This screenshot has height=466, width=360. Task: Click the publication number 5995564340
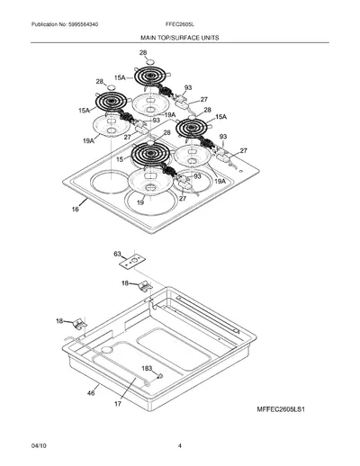(x=83, y=24)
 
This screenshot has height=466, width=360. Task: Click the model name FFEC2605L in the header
(x=180, y=24)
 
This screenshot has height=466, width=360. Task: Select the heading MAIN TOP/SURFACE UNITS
(x=180, y=38)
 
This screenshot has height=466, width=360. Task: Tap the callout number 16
(x=75, y=209)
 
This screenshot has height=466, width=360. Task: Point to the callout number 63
(x=117, y=254)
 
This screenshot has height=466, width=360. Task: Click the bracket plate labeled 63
(x=132, y=261)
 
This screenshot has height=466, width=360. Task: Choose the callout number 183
(x=147, y=368)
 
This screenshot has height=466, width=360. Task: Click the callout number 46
(x=91, y=393)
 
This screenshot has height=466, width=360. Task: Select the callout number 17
(x=118, y=404)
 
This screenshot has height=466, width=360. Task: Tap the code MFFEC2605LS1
(x=281, y=409)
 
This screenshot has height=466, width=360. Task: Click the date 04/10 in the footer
(x=39, y=445)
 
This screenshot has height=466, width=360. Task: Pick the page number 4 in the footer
(x=180, y=445)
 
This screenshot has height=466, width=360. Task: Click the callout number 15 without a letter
(x=120, y=159)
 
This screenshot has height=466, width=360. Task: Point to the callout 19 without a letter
(x=140, y=202)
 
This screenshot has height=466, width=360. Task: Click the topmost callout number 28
(x=143, y=53)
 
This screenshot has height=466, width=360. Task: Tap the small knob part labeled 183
(x=160, y=375)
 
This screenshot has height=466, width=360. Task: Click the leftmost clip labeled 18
(x=79, y=324)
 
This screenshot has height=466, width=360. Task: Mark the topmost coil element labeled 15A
(x=150, y=76)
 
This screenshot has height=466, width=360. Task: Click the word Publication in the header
(x=44, y=24)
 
